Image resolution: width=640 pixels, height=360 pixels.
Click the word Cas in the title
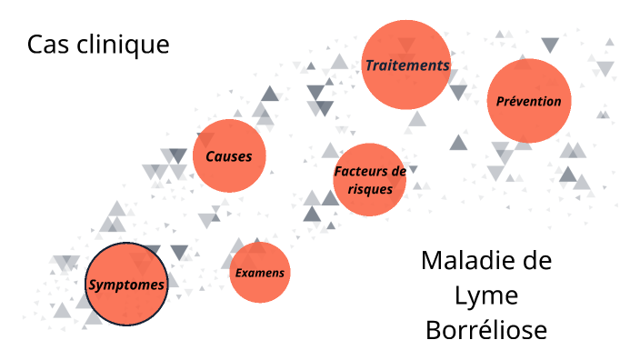[45, 44]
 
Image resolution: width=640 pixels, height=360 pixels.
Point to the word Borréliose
[486, 329]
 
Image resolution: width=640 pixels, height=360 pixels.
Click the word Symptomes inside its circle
[126, 285]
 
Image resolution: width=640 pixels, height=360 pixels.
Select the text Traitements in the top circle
[406, 65]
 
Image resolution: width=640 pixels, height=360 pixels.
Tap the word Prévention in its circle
[528, 101]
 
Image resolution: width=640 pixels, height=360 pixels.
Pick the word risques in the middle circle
[370, 189]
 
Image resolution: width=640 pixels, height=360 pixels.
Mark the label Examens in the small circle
[259, 273]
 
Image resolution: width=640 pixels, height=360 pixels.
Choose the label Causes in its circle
[229, 156]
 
